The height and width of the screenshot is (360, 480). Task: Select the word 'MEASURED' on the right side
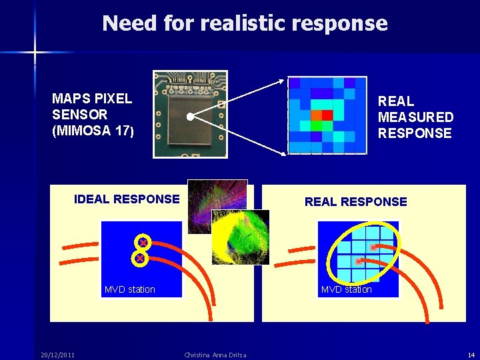pos(415,117)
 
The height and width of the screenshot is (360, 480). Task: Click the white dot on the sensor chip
pos(190,117)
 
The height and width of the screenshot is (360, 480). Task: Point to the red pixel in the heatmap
pos(327,115)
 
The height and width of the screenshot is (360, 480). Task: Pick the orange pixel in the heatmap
pos(317,115)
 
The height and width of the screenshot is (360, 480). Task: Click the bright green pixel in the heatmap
pos(317,125)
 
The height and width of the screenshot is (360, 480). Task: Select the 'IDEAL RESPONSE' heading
pos(127,199)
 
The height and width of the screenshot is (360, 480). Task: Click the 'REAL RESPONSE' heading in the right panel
pos(355,201)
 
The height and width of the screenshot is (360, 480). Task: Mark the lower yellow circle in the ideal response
pos(140,258)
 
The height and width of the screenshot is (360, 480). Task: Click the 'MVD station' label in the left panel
pos(129,289)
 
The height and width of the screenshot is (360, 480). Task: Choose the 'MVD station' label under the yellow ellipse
pos(346,289)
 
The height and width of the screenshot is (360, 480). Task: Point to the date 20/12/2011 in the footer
pos(57,355)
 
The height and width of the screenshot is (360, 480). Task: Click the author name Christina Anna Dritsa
pos(215,355)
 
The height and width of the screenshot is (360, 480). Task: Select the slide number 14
pos(471,355)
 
